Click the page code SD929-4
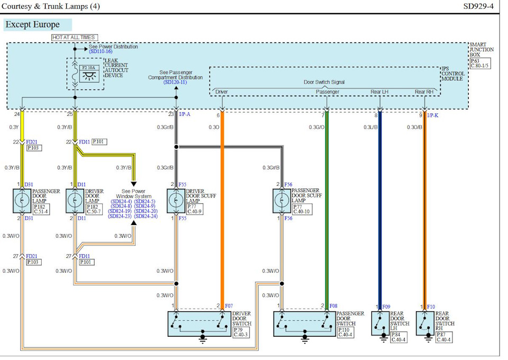click(478, 6)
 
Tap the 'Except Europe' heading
click(32, 24)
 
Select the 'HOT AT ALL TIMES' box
click(74, 37)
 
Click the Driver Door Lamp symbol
click(75, 200)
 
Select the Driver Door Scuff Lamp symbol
click(176, 200)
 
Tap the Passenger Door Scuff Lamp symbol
click(282, 200)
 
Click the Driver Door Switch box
click(199, 323)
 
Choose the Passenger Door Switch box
click(305, 323)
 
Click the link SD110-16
click(101, 52)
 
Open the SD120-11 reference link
click(175, 83)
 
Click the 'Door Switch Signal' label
click(324, 82)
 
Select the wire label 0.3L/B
click(370, 127)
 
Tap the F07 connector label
click(229, 306)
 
